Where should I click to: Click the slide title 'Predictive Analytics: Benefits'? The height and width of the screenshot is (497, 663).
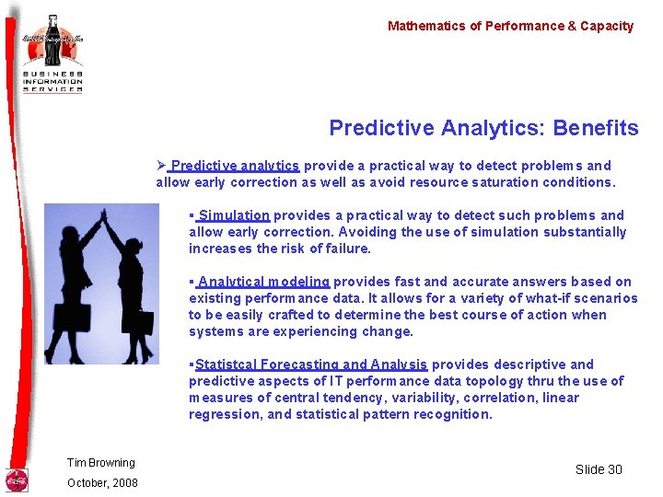click(483, 128)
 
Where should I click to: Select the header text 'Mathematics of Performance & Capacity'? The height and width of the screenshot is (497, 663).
click(510, 26)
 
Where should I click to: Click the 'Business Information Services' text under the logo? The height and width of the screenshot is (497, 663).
click(53, 80)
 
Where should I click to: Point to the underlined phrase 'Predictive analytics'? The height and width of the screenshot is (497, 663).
click(235, 166)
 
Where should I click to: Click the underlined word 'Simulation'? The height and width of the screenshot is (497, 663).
click(233, 215)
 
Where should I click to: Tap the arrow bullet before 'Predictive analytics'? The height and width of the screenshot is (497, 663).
click(160, 166)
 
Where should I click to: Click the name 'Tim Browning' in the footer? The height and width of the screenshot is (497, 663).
click(100, 463)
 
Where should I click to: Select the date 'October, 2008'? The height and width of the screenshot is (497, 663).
click(102, 483)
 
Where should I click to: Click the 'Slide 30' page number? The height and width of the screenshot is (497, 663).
click(599, 469)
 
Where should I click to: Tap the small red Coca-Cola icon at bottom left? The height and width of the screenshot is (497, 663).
click(17, 480)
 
